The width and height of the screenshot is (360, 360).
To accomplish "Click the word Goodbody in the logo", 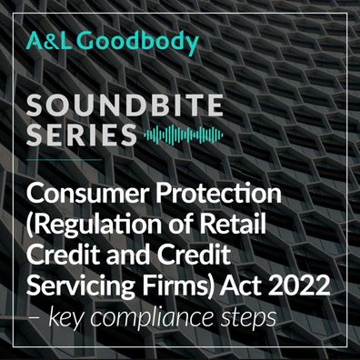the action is [140, 43].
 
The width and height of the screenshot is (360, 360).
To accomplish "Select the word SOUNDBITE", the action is [125, 105].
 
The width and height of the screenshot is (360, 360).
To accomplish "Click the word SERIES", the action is [81, 135].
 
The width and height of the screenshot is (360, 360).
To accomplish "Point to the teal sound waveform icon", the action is [184, 135].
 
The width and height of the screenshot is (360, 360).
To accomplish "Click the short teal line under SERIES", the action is [65, 159].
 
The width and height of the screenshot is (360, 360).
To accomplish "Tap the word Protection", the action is [218, 194].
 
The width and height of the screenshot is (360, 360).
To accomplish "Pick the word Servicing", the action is [80, 286].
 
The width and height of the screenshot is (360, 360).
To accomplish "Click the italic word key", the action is [65, 317].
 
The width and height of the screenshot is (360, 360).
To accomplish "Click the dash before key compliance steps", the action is [35, 317].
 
